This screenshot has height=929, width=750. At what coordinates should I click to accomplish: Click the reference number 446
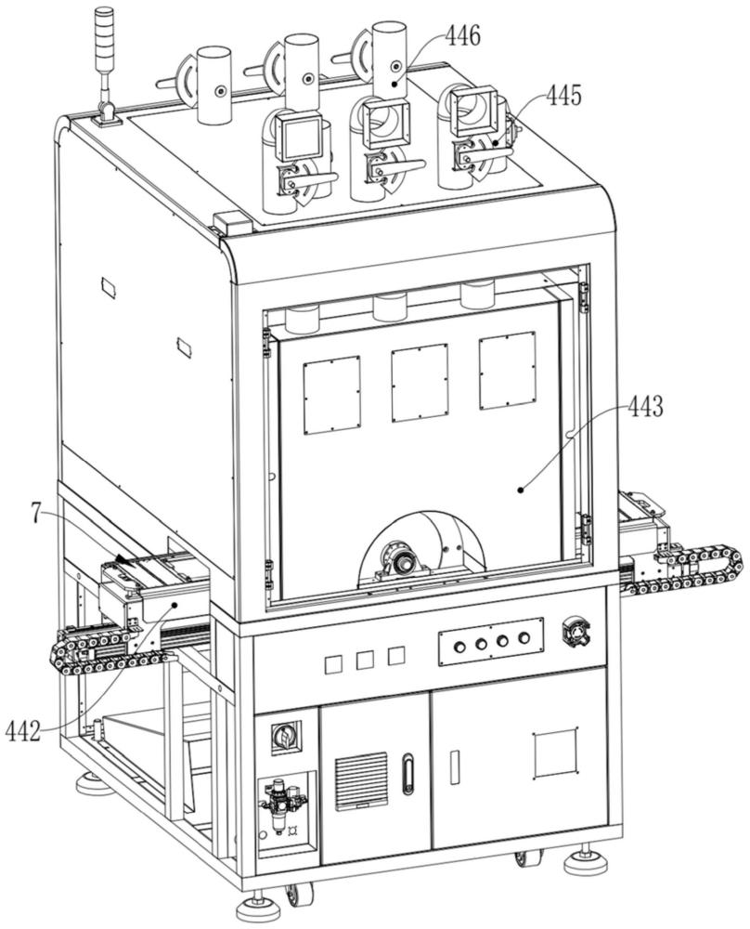[x=463, y=37]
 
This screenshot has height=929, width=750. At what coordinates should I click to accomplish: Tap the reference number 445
[x=563, y=95]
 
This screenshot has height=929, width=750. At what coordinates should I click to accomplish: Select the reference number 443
[x=646, y=407]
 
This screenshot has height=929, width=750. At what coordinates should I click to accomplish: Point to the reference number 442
[x=23, y=732]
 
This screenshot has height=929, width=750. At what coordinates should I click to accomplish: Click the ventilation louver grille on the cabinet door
[x=360, y=781]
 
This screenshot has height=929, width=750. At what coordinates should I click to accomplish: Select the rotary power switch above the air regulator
[x=285, y=737]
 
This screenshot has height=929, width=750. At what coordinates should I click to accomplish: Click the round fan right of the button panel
[x=576, y=632]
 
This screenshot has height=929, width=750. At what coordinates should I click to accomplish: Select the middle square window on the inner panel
[x=420, y=383]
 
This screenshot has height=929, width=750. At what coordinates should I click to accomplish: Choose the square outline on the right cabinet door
[x=556, y=753]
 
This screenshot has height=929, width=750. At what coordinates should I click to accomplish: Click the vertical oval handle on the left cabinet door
[x=406, y=773]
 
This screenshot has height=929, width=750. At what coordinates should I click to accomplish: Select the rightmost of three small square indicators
[x=396, y=655]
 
